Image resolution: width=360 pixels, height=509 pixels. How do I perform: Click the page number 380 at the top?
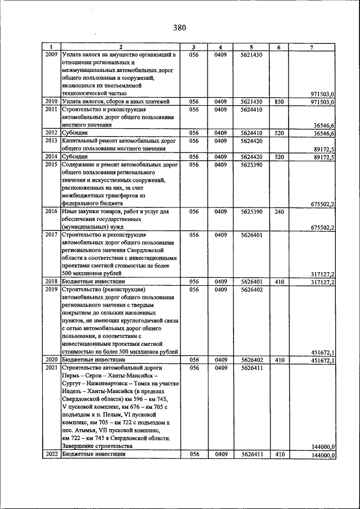point(179,28)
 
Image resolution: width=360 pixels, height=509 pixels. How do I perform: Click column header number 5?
point(251,47)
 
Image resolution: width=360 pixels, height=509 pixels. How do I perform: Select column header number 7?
point(312,47)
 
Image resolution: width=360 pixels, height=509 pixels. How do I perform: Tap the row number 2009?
point(51,55)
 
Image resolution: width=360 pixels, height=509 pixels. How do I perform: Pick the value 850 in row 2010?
point(278,101)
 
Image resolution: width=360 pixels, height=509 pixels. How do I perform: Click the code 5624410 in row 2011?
point(251,110)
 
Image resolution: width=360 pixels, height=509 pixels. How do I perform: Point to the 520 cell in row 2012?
point(278,133)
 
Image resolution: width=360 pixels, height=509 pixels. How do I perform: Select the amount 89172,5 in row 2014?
point(323,157)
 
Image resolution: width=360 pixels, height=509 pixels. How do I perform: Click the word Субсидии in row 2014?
point(75,156)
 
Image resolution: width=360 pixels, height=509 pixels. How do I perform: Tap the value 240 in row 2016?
point(278,211)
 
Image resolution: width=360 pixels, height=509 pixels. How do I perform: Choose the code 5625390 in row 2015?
point(251,165)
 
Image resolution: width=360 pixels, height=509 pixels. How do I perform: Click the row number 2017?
point(51,235)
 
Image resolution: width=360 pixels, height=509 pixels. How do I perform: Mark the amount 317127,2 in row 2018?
point(323,282)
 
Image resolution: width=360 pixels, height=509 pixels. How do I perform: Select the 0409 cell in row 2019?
point(220,290)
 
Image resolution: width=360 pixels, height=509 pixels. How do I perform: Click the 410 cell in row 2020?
point(278,359)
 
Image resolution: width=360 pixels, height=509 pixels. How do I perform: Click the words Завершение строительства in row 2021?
point(92,446)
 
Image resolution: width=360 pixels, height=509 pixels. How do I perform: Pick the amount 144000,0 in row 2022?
point(323,455)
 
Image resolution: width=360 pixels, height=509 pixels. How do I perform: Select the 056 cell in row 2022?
point(194,454)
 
